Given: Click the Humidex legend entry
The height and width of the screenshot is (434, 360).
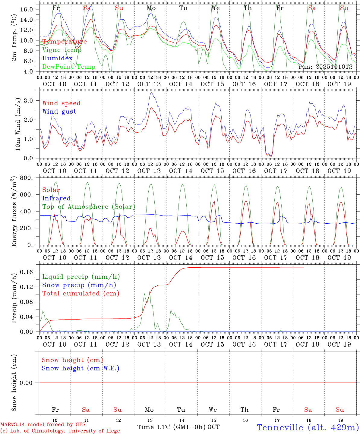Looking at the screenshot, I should [57, 58].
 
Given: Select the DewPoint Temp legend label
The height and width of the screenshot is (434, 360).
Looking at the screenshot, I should [69, 67].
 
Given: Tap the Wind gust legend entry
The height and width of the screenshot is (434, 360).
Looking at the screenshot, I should [59, 112].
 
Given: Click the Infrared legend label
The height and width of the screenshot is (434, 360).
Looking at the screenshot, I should [56, 198].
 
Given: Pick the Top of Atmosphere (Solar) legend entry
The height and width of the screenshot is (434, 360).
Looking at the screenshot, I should [88, 207].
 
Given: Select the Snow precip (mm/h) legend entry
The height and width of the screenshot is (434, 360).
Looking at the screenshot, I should [79, 285].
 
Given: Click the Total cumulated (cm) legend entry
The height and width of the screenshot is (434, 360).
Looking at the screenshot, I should [81, 294].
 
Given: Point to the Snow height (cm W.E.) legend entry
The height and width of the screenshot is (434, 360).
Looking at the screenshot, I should [80, 368].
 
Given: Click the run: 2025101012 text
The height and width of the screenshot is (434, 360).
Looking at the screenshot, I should [325, 67].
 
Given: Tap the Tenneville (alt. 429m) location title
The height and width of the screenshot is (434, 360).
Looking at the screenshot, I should [308, 427].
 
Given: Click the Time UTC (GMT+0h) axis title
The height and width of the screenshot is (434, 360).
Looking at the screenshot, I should [172, 427].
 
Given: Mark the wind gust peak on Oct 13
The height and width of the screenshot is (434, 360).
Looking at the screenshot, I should [151, 92].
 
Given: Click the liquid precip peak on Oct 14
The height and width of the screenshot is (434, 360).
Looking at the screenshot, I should [171, 310].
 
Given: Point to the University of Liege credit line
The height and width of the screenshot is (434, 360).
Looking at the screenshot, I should [60, 431].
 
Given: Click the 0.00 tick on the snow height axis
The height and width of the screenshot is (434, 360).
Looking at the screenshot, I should [30, 383].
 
